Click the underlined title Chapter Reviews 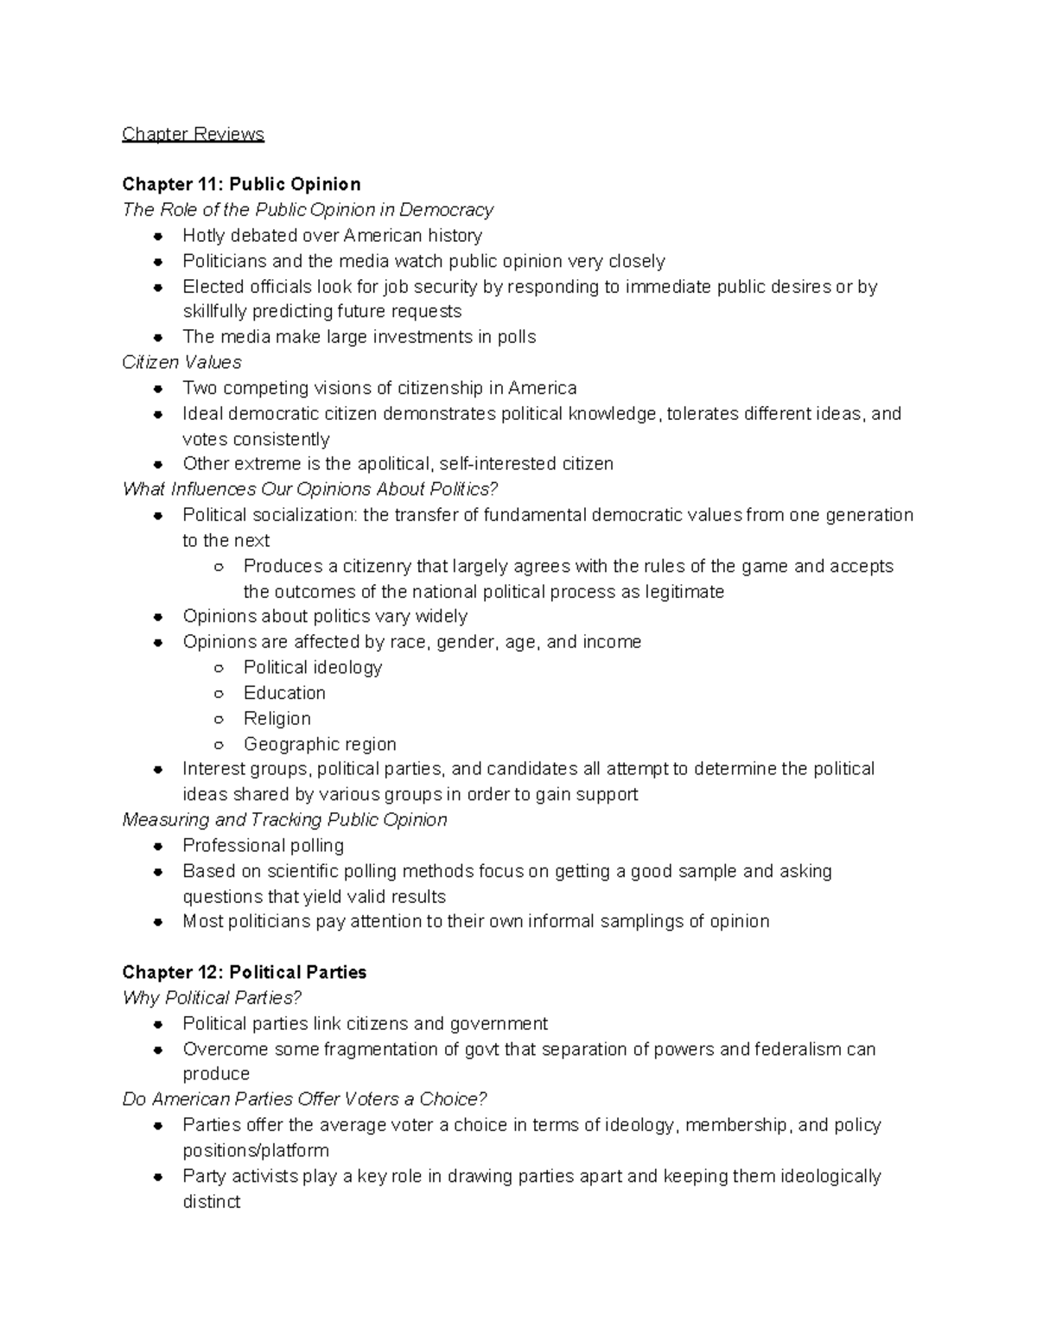click(x=193, y=134)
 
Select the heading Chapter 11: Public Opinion click(x=241, y=184)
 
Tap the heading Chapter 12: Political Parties click(x=244, y=972)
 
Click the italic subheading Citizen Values click(x=181, y=362)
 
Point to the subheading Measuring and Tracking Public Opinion click(x=284, y=819)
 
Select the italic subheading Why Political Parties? click(x=212, y=998)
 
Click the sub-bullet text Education click(x=284, y=693)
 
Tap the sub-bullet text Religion click(x=277, y=718)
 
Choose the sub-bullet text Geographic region click(x=320, y=744)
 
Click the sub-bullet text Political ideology click(x=312, y=667)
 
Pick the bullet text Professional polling click(x=263, y=845)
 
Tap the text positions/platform click(x=256, y=1150)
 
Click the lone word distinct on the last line click(x=211, y=1201)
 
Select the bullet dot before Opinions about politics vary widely click(x=158, y=617)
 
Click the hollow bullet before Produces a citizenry click(x=219, y=567)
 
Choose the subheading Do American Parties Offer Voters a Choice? click(x=304, y=1099)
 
